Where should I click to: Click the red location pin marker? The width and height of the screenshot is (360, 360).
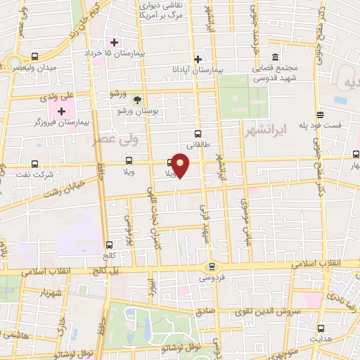[x=181, y=165]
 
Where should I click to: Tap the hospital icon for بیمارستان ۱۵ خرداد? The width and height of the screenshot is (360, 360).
[x=115, y=42]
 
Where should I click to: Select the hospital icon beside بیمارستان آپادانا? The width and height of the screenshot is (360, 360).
[x=198, y=60]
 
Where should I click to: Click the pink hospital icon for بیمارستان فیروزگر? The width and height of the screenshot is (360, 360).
[x=61, y=111]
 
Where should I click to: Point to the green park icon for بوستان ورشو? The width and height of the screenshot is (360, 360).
[x=137, y=100]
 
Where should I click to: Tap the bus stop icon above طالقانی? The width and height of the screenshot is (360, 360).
[x=198, y=134]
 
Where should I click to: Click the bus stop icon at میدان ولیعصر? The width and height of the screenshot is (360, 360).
[x=35, y=56]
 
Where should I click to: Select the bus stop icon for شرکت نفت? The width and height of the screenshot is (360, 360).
[x=34, y=164]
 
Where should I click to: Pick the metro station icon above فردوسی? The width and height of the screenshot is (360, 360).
[x=212, y=266]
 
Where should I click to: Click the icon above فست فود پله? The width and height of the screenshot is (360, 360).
[x=320, y=115]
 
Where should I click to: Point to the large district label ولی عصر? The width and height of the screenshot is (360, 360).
[x=116, y=139]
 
